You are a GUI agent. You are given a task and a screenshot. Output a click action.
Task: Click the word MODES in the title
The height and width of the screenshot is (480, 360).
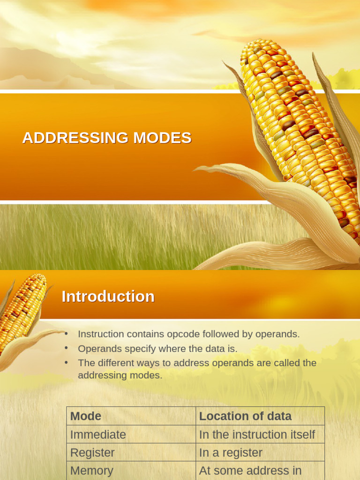pyautogui.click(x=162, y=138)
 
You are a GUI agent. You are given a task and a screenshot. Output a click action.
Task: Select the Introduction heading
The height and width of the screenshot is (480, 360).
pyautogui.click(x=108, y=296)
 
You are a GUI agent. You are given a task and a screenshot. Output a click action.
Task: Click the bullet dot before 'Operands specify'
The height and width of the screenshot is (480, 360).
pyautogui.click(x=67, y=348)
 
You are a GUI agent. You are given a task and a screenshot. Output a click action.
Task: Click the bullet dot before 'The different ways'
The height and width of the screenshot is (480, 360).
pyautogui.click(x=67, y=362)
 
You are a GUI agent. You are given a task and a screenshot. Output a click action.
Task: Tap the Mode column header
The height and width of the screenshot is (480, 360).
pyautogui.click(x=86, y=416)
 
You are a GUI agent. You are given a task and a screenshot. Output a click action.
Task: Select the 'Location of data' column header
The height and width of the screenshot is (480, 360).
pyautogui.click(x=245, y=416)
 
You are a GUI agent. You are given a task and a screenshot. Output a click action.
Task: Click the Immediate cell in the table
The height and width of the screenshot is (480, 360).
pyautogui.click(x=98, y=435)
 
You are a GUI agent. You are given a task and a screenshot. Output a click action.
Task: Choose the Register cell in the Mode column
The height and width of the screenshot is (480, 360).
pyautogui.click(x=92, y=453)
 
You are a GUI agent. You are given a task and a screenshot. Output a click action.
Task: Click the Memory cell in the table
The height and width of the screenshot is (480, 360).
pyautogui.click(x=92, y=471)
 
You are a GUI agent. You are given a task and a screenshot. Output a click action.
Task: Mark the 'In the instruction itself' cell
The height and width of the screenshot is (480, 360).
pyautogui.click(x=257, y=435)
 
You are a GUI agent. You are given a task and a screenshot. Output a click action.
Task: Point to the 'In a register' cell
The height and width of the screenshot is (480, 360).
pyautogui.click(x=231, y=453)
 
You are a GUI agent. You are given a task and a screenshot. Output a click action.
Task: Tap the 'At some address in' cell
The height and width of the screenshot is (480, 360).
pyautogui.click(x=250, y=471)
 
